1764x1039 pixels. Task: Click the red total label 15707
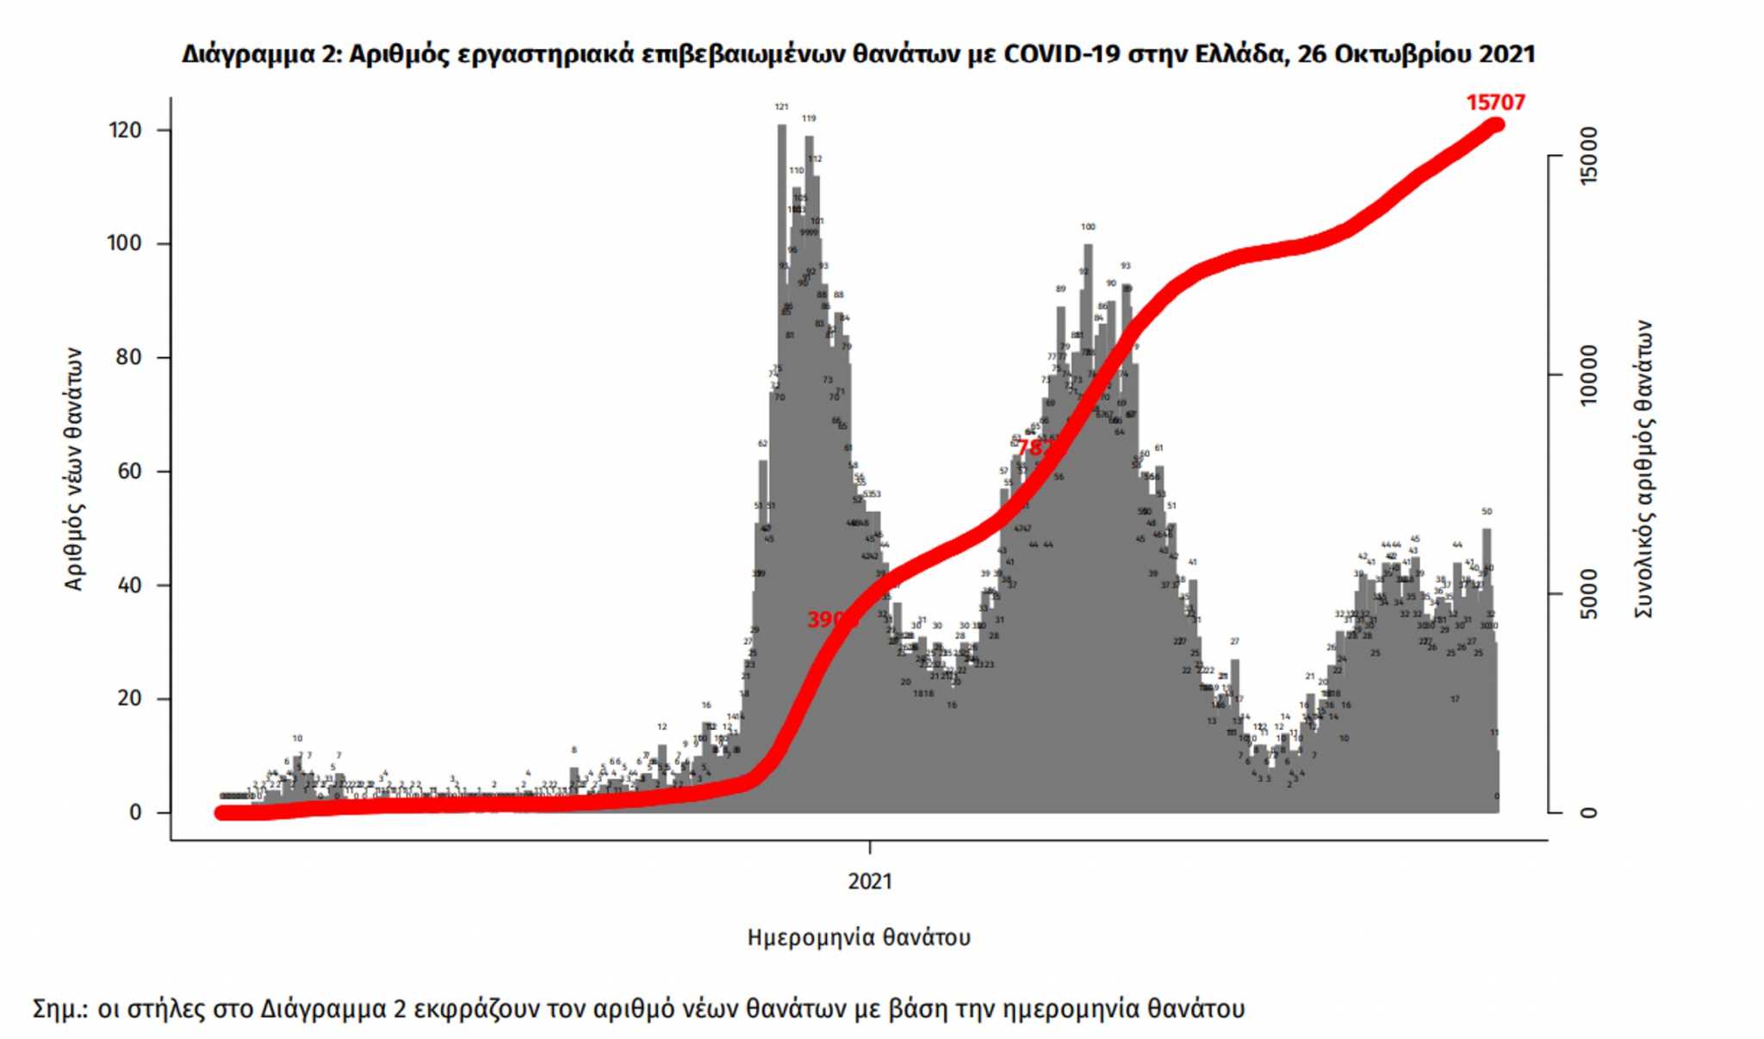click(x=1495, y=102)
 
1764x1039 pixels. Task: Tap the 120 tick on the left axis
click(x=125, y=130)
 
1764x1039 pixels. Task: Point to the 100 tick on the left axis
click(x=125, y=244)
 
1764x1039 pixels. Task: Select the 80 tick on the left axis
click(x=128, y=357)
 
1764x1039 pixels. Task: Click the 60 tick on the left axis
click(x=128, y=472)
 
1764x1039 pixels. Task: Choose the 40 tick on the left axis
click(x=128, y=585)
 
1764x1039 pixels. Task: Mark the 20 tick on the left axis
click(x=128, y=698)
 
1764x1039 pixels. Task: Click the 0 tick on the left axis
click(x=135, y=813)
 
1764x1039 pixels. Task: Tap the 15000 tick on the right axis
click(x=1589, y=156)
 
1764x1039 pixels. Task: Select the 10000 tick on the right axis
click(x=1589, y=375)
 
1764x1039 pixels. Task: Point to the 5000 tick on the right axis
click(x=1589, y=594)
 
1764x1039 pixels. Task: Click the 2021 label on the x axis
click(x=870, y=881)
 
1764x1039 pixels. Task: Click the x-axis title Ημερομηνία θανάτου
click(x=859, y=937)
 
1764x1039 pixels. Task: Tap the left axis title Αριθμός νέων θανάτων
click(x=74, y=469)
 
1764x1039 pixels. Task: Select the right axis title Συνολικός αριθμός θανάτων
click(x=1643, y=469)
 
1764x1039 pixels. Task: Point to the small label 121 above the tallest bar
click(x=781, y=108)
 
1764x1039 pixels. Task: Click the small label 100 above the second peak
click(x=1088, y=227)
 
